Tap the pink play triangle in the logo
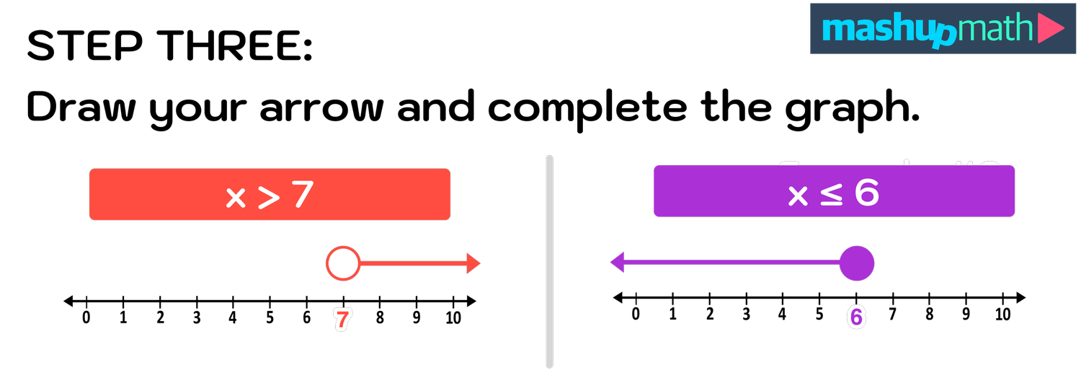(x=1051, y=30)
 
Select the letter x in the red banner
(x=236, y=197)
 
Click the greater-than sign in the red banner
(x=268, y=197)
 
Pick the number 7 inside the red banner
(x=303, y=195)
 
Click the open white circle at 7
(x=343, y=263)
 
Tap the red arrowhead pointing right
(x=473, y=263)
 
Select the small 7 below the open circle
(x=342, y=320)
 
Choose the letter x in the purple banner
(x=798, y=195)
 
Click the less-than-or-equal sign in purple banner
(x=831, y=193)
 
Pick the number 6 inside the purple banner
(x=866, y=192)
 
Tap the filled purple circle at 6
(x=857, y=263)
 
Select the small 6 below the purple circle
(x=855, y=317)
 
